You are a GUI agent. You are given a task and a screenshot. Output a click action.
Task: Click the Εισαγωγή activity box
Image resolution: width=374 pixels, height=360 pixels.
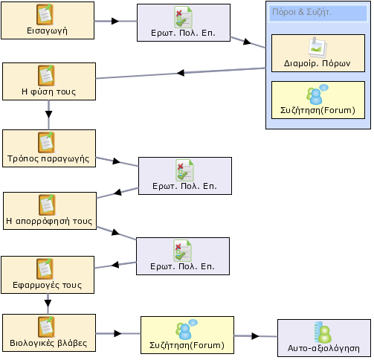[x=48, y=20]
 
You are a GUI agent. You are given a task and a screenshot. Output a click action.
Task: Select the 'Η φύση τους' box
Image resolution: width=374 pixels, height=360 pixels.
[x=49, y=81]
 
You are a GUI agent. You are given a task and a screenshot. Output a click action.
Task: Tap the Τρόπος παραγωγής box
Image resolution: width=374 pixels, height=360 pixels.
[x=49, y=148]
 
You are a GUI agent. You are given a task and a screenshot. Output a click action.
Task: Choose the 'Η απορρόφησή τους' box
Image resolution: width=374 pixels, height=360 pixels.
[x=50, y=210]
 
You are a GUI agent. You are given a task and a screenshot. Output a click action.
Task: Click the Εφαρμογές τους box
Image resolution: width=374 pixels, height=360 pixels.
[x=48, y=274]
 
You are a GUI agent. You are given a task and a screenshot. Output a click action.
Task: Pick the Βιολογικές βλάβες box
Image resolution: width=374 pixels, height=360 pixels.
[x=49, y=332]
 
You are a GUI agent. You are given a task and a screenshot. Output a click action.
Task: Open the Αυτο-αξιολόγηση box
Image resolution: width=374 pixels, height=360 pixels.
[x=324, y=338]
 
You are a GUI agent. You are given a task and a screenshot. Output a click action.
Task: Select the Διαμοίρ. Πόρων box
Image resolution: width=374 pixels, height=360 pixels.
[x=318, y=54]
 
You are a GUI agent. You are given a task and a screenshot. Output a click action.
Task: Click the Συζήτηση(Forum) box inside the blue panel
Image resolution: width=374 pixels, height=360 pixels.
[x=318, y=100]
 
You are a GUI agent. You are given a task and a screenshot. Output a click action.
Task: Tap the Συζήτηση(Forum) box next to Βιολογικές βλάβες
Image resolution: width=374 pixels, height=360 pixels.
[x=187, y=335]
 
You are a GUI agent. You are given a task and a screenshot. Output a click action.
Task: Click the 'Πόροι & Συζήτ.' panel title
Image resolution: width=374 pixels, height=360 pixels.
[x=302, y=12]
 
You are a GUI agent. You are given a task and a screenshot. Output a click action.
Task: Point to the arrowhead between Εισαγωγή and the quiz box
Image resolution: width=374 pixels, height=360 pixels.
[x=115, y=21]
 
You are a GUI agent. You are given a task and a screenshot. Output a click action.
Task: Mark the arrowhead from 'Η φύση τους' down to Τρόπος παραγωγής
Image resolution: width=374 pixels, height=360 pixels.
[x=49, y=115]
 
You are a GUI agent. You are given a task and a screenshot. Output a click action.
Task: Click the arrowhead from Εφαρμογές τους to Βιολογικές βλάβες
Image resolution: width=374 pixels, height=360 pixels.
[x=48, y=303]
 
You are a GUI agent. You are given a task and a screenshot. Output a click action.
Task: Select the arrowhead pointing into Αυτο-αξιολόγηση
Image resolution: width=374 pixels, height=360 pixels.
[x=255, y=336]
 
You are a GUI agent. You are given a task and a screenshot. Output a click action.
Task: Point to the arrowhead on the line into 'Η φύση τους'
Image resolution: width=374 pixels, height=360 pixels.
[x=181, y=73]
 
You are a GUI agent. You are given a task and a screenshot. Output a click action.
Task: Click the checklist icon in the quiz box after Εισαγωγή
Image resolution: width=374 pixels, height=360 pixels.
[x=184, y=17]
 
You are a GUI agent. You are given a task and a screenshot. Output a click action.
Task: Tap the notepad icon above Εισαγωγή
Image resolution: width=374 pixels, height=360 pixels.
[x=45, y=14]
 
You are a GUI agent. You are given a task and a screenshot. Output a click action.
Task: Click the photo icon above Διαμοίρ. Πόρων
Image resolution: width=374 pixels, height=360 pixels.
[x=317, y=48]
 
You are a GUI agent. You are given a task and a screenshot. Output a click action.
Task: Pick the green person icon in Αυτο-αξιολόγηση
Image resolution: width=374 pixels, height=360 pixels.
[x=325, y=334]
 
